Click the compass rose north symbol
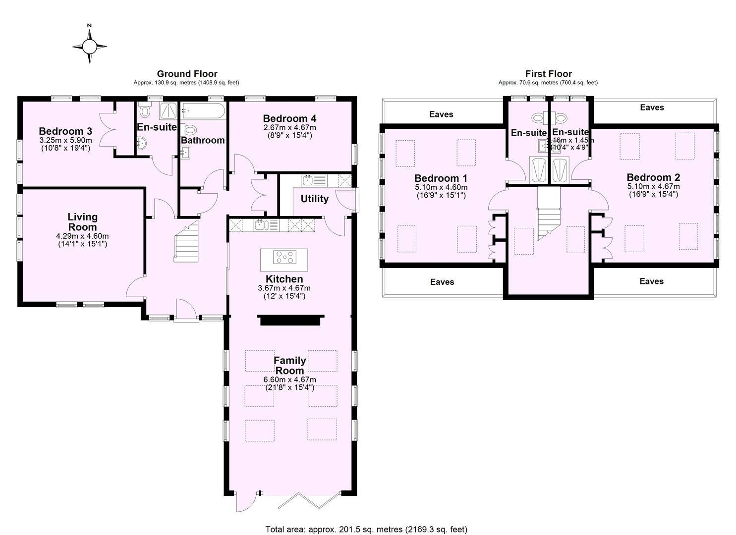tap(89, 47)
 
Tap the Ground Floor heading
tap(187, 74)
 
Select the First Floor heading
tap(548, 74)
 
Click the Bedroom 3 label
tap(65, 131)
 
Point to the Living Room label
tap(82, 222)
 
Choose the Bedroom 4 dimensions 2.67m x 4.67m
tap(289, 127)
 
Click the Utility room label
tap(314, 199)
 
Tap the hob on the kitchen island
tap(284, 257)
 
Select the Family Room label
tap(289, 366)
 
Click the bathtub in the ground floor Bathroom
tap(203, 111)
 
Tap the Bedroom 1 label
tap(441, 178)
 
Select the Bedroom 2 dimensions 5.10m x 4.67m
tap(653, 186)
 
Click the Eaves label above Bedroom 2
tap(652, 107)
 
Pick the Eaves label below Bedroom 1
tap(442, 282)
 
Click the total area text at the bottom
tap(366, 529)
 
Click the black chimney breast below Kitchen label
tap(291, 321)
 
